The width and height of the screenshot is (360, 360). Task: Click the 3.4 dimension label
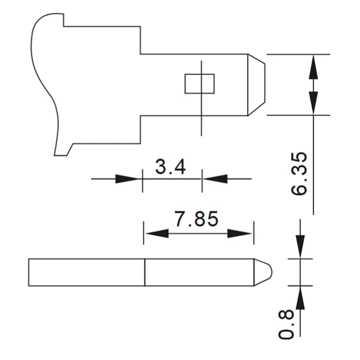170,167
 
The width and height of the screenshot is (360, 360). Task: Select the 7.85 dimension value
196,219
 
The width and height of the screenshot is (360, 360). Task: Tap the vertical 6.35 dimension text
299,174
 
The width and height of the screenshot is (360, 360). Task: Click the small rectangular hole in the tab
200,84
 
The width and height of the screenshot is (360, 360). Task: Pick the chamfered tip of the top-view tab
256,85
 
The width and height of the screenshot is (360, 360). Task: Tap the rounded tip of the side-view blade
263,272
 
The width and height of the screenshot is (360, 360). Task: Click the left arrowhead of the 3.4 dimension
128,179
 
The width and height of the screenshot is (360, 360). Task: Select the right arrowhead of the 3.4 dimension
215,179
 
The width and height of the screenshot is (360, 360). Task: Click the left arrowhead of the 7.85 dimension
157,233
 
